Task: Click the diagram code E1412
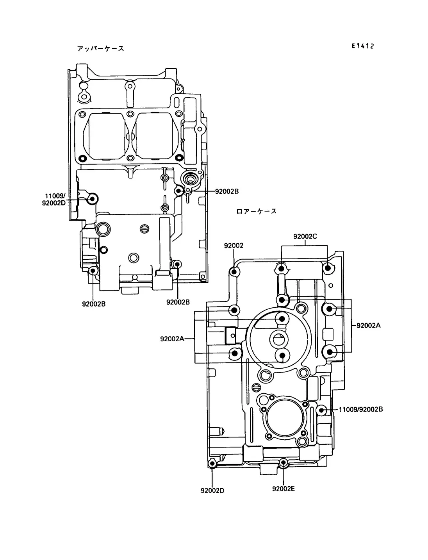point(363,46)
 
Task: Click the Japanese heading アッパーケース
point(100,48)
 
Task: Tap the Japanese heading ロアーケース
point(256,211)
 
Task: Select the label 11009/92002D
point(54,199)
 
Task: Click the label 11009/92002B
point(361,410)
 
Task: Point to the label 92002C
point(305,237)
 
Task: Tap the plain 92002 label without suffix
point(234,245)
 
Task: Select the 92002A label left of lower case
point(172,339)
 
